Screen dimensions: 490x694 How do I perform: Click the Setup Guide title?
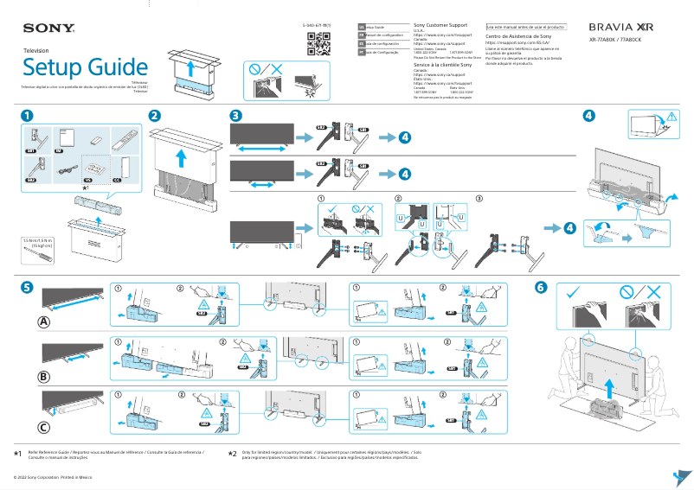click(x=85, y=67)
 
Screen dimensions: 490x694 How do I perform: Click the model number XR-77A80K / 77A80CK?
click(x=620, y=40)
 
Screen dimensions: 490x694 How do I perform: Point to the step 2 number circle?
click(x=154, y=115)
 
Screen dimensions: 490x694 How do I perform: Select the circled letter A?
click(x=43, y=322)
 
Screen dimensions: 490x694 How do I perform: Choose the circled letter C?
click(x=43, y=427)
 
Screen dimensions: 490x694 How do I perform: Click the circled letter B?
click(x=43, y=376)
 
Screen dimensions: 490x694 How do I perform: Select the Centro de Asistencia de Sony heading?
click(x=517, y=37)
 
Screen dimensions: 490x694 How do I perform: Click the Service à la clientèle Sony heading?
click(x=442, y=65)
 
